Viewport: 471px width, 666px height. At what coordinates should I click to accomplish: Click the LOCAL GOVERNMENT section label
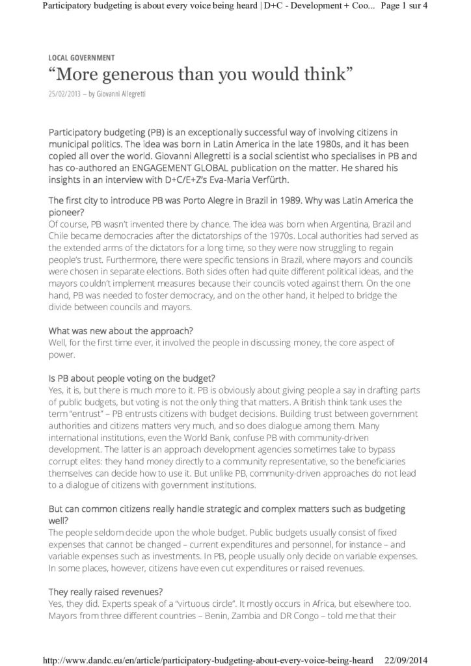pyautogui.click(x=81, y=58)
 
